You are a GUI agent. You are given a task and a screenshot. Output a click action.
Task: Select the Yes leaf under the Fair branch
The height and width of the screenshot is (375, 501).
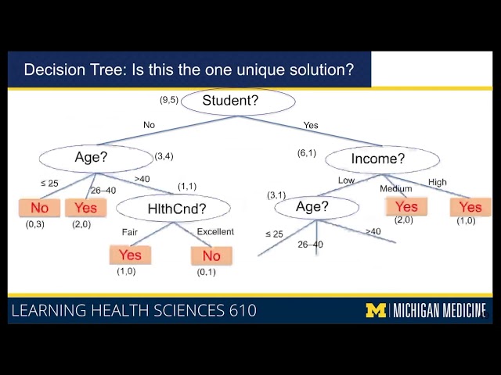coord(130,255)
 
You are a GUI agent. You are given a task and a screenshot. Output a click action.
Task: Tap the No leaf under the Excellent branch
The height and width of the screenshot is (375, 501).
coord(211,256)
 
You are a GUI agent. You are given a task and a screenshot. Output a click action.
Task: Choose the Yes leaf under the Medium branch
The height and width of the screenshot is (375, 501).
coord(406,206)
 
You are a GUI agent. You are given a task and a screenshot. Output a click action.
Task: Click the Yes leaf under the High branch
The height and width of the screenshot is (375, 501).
coord(470,207)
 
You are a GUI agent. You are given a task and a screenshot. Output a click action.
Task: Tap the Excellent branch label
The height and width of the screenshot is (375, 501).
coord(215,232)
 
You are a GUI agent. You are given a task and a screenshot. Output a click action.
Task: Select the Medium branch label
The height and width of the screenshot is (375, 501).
coord(395,189)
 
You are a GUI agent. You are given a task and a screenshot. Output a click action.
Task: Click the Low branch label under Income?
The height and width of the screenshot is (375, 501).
coord(346,180)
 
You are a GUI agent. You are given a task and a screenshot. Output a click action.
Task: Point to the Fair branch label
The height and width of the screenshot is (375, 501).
coord(129,232)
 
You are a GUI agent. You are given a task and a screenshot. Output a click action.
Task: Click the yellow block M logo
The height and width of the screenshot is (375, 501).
coord(377,310)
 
